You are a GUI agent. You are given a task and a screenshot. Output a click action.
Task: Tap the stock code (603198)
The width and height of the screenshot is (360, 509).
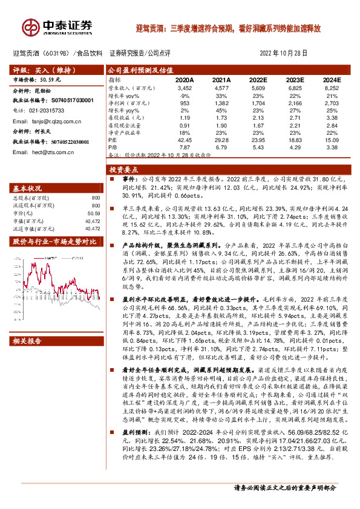(54, 53)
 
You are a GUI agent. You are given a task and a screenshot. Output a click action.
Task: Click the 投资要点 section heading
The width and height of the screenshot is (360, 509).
(128, 170)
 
